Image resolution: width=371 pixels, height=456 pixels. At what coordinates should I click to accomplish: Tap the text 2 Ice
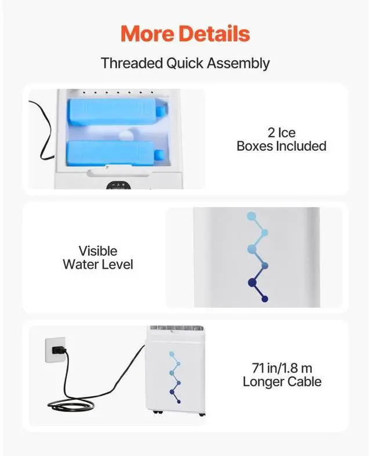pyautogui.click(x=282, y=133)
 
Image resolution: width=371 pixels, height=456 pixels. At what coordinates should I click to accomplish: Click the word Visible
pyautogui.click(x=98, y=251)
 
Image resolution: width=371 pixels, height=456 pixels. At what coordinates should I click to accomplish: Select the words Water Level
pyautogui.click(x=98, y=265)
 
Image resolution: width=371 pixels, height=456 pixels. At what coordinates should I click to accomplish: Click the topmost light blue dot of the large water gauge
pyautogui.click(x=252, y=216)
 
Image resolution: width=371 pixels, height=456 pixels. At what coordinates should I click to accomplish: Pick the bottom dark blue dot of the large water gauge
pyautogui.click(x=265, y=298)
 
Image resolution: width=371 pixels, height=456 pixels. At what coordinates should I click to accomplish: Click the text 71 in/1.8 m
pyautogui.click(x=282, y=367)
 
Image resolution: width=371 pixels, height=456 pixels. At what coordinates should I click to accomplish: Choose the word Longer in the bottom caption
pyautogui.click(x=264, y=381)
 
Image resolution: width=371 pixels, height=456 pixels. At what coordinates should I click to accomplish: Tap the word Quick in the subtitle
pyautogui.click(x=185, y=63)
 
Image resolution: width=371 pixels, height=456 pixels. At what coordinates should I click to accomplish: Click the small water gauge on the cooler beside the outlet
pyautogui.click(x=176, y=376)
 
